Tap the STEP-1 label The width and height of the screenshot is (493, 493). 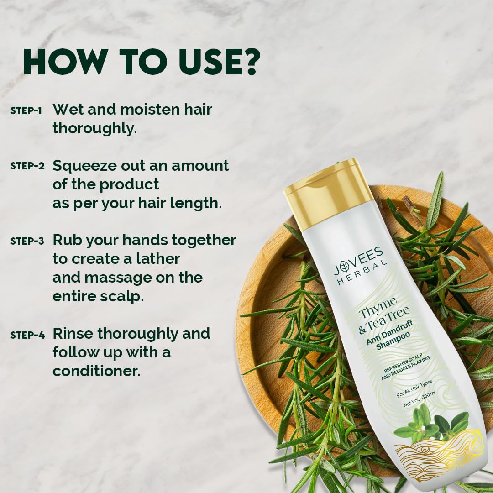[26, 111]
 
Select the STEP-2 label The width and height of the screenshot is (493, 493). [27, 166]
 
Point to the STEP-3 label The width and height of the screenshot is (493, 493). [27, 241]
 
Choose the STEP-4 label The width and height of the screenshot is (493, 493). [27, 335]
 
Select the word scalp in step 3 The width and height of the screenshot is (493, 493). [121, 296]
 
